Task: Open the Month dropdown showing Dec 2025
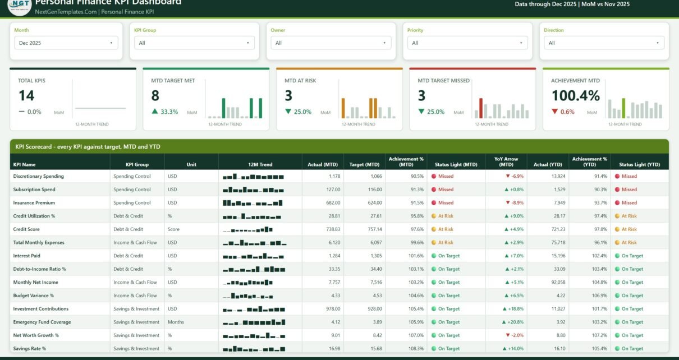click(66, 43)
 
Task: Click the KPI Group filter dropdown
click(194, 43)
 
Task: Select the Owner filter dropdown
click(331, 43)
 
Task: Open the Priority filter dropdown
click(467, 43)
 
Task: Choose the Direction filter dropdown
click(604, 43)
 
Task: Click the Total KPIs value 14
click(26, 96)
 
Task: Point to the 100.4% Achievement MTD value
click(575, 96)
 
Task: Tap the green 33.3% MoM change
click(165, 112)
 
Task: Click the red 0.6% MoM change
click(563, 112)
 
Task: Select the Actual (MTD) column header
click(323, 164)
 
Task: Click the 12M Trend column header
click(260, 164)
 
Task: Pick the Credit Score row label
click(26, 229)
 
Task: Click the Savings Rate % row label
click(29, 348)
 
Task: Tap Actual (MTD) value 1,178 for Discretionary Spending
click(334, 176)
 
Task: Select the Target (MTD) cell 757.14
click(375, 229)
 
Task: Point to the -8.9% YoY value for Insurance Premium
click(515, 203)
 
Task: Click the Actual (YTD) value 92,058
click(558, 282)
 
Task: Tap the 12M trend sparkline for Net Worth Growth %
click(254, 335)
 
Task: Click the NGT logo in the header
click(20, 6)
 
